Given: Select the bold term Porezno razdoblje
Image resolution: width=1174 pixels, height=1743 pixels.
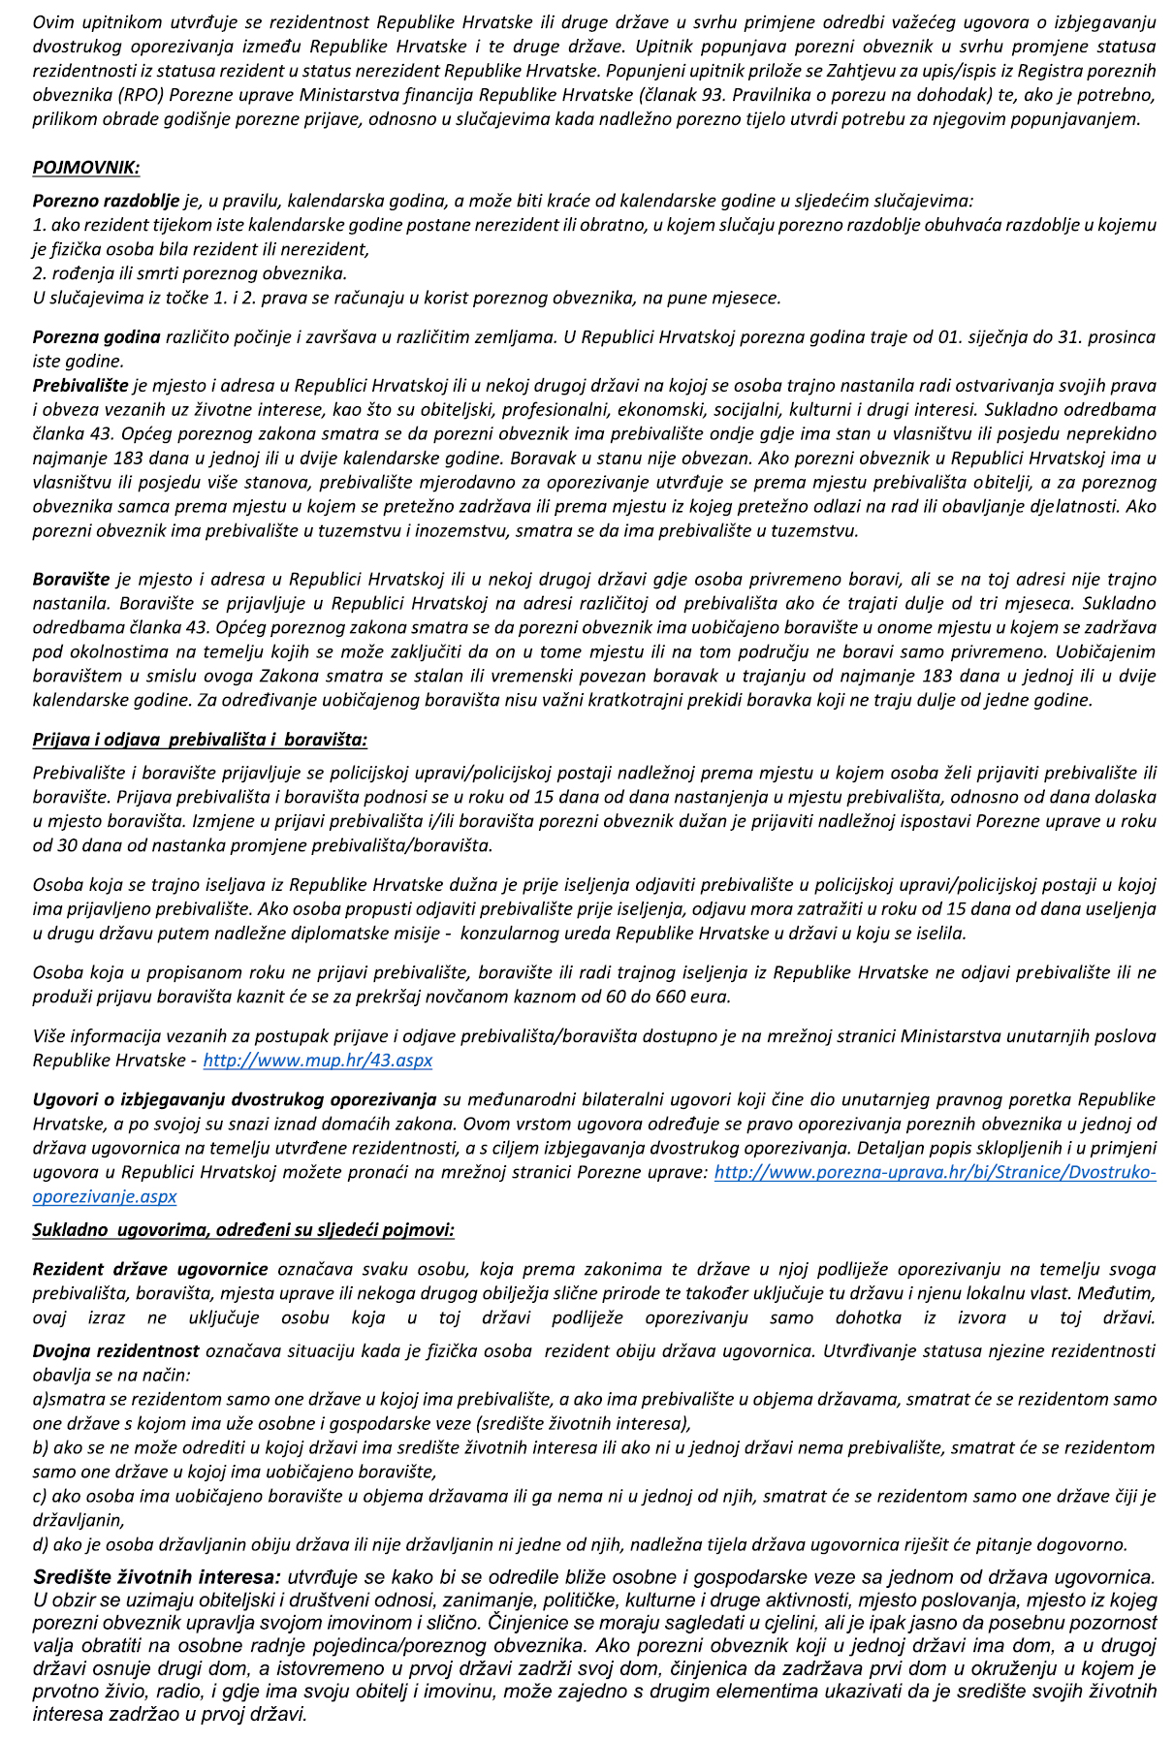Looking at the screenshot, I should coord(106,201).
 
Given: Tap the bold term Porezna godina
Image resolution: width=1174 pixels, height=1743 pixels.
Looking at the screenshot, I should coord(96,337).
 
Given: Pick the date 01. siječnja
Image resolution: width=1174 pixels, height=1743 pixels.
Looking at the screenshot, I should coord(980,337).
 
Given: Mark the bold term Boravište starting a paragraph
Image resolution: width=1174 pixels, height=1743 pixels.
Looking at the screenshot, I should coord(71,579).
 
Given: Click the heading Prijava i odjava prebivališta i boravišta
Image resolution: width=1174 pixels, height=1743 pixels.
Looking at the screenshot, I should coord(200,740).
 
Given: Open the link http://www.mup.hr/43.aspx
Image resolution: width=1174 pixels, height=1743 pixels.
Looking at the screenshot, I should coord(317,1060).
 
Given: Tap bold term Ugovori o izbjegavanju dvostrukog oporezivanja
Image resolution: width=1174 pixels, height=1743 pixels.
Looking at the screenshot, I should coord(234,1099).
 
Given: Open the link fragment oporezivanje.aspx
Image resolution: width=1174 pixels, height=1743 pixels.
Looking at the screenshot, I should coord(104,1196).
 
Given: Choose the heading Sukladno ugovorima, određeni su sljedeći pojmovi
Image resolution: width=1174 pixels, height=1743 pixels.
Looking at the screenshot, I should coord(243,1230).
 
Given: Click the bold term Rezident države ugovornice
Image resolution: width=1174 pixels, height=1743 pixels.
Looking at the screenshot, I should coord(150,1269).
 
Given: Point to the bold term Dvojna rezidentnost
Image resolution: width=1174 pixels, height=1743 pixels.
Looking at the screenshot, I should coord(116,1350).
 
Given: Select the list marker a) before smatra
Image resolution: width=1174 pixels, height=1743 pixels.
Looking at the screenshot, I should coord(40,1399).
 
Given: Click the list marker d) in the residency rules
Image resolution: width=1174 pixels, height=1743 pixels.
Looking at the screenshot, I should coord(40,1544).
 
